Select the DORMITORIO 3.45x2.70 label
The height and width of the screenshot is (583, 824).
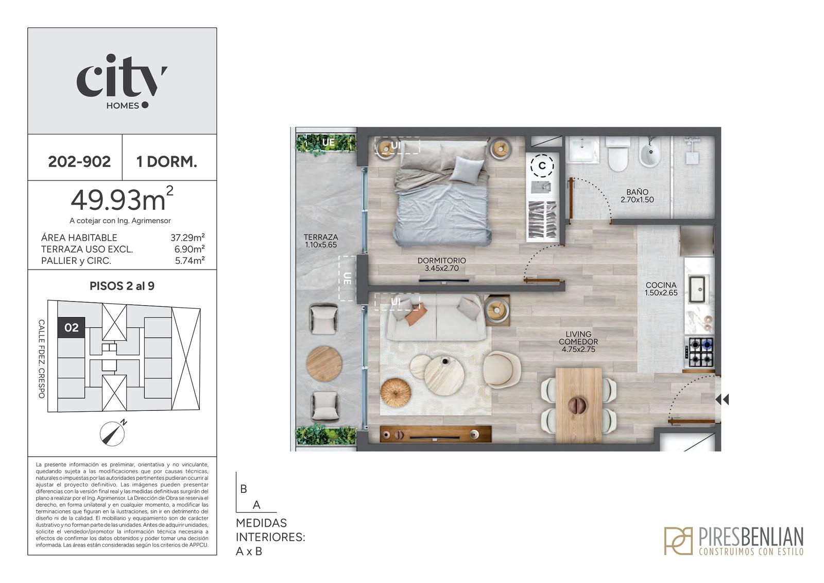coord(441,264)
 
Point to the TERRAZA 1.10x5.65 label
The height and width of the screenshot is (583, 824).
coord(321,241)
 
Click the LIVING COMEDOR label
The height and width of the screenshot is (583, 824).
coord(578,338)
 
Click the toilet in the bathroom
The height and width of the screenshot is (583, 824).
coord(617,154)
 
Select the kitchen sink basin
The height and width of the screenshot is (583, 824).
coord(696,289)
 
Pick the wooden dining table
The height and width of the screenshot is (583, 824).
coord(579,405)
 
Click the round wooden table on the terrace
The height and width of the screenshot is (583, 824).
coord(324,364)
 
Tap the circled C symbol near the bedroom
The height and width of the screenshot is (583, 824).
coord(542,166)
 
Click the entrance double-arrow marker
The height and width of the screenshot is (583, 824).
coord(722,399)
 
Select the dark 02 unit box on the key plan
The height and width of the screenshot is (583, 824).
coord(72,327)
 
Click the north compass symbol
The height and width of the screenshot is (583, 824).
coord(113,432)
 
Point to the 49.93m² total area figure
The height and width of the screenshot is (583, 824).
coord(122,199)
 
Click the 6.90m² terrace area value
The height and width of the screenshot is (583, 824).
coord(190,249)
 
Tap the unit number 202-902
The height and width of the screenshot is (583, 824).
coord(79,162)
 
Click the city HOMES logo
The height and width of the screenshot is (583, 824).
coord(122,82)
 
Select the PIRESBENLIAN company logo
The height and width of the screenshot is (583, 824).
coord(734,541)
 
